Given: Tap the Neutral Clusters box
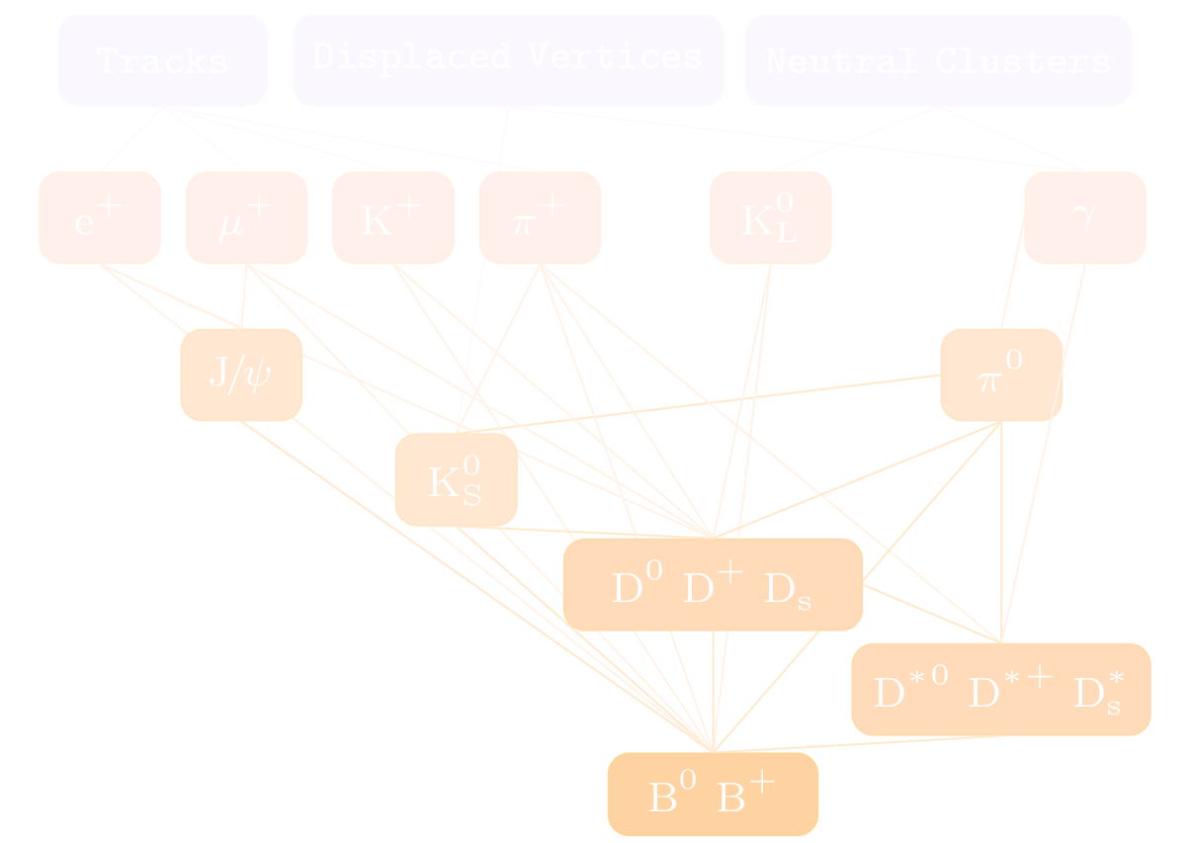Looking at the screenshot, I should [x=938, y=60].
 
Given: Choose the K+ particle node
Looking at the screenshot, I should [x=392, y=217].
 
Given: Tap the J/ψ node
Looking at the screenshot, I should [x=241, y=375].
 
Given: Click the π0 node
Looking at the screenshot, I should [x=1001, y=375].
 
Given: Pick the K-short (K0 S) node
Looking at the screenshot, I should [x=456, y=479].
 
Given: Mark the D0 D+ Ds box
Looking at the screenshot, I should [x=713, y=584].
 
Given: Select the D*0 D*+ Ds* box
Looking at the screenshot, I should [x=1000, y=689].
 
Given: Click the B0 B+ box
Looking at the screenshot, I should [x=713, y=794].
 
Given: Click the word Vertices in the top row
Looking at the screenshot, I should [x=614, y=56].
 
